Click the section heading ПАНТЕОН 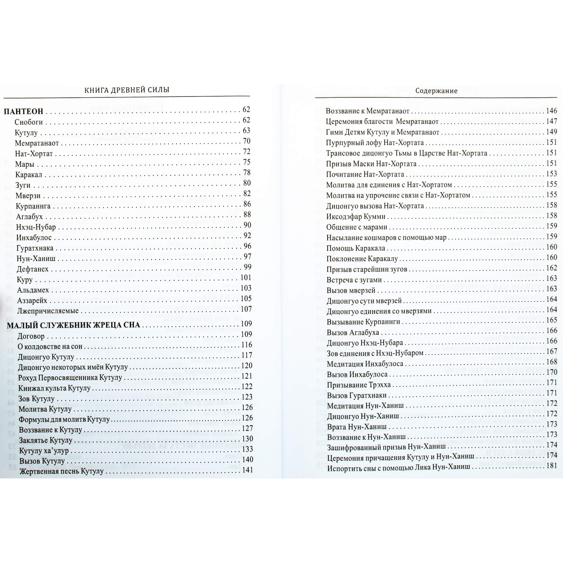coord(23,111)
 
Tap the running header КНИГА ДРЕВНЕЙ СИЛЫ coord(127,90)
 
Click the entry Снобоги coord(29,122)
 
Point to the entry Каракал coord(29,175)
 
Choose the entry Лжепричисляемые coord(48,311)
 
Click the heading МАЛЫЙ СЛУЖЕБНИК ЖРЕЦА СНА coord(73,325)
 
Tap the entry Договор coord(31,336)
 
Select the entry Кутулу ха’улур coord(44,451)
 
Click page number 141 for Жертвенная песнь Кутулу coord(247,470)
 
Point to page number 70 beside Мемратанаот coord(247,141)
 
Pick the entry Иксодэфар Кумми coord(356,217)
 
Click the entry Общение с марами coord(357,227)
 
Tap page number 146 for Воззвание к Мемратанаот coord(551,111)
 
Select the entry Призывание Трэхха coord(359,385)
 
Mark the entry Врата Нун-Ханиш coord(357,427)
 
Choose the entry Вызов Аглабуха coord(353,332)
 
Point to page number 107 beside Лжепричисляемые coord(246,309)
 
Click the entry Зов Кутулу coord(36,399)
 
